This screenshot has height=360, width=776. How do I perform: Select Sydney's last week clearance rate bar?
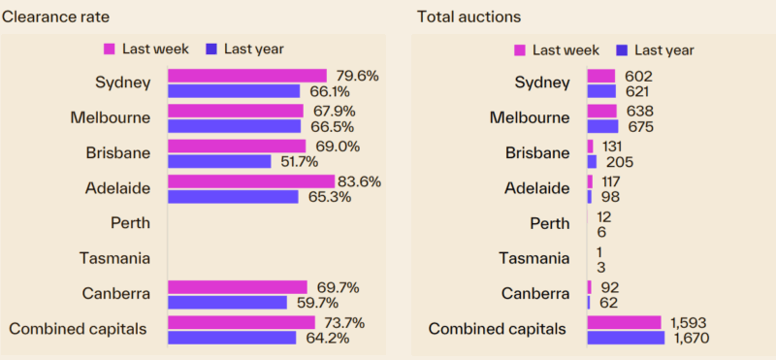tap(246, 76)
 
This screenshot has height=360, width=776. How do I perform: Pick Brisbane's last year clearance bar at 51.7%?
tap(219, 161)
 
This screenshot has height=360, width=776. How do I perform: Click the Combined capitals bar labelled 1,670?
tap(626, 338)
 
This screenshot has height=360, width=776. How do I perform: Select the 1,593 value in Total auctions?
tap(687, 322)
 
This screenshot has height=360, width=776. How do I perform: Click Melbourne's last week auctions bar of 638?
tap(601, 111)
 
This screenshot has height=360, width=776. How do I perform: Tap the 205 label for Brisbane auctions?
tap(619, 161)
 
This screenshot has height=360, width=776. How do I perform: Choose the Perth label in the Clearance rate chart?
tap(131, 222)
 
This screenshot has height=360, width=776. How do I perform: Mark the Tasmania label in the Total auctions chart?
tap(533, 258)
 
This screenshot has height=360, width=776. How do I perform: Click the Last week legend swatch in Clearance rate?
tap(109, 49)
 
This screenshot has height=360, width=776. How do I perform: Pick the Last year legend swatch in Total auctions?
tap(622, 50)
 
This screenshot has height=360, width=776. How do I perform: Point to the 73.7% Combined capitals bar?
tap(242, 322)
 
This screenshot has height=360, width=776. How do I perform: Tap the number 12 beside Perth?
tap(604, 215)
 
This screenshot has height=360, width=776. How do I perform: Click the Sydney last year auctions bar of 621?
tap(600, 91)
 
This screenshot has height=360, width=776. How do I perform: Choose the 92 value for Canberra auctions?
tap(609, 286)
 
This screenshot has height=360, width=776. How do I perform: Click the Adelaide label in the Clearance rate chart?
tap(122, 187)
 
